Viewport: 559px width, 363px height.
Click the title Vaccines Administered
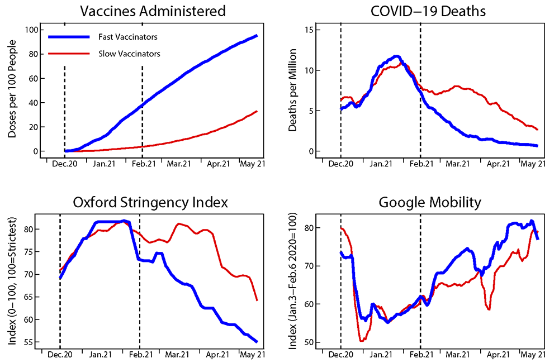point(153,11)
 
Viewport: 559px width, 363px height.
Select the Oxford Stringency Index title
point(151,202)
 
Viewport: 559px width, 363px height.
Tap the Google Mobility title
point(429,202)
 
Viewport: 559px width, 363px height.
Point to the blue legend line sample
point(69,37)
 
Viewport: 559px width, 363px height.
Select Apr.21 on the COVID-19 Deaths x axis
point(498,164)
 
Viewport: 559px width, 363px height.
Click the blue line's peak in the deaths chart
point(396,56)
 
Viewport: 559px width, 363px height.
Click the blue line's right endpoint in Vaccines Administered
point(257,36)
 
